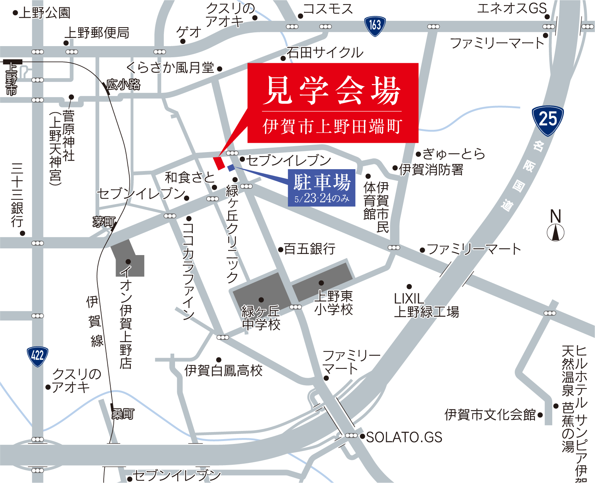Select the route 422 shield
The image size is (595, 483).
[x=38, y=356]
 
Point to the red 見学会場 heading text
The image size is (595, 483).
[x=333, y=90]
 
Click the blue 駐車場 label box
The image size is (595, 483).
[x=322, y=188]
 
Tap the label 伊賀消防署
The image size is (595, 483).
[x=431, y=170]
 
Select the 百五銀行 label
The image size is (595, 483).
[x=310, y=248]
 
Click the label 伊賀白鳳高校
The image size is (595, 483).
[x=224, y=370]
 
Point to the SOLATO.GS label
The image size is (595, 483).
[x=404, y=437]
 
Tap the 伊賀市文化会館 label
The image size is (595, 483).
[x=490, y=414]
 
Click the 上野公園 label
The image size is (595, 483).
[x=45, y=13]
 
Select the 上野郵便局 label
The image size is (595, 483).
[x=97, y=33]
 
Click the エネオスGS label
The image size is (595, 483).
[x=512, y=8]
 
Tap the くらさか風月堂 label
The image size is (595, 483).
[x=170, y=68]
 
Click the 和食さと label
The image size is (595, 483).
[x=190, y=177]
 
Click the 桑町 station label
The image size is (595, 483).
[x=123, y=414]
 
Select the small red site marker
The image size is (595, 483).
[x=219, y=163]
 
